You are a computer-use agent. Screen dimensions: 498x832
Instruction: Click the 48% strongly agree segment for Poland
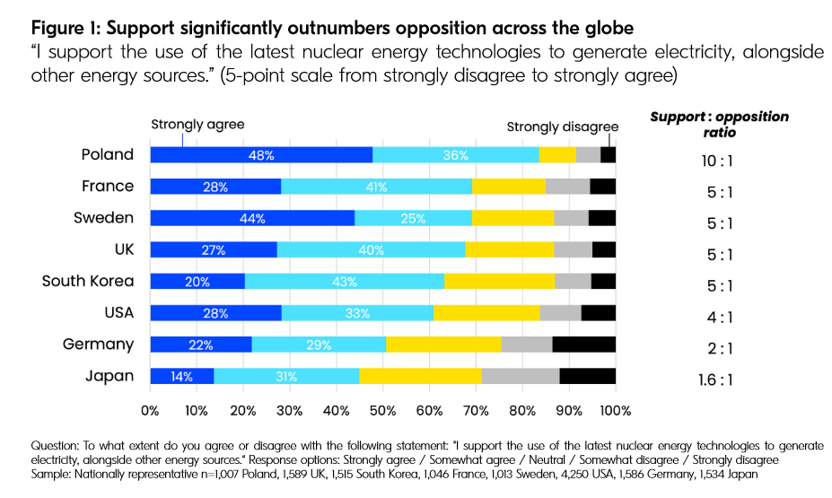pos(261,155)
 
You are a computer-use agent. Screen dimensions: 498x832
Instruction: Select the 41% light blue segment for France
pos(376,187)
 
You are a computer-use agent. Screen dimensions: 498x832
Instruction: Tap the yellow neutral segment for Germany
pos(443,345)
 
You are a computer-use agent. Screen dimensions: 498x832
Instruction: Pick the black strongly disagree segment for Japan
pos(587,376)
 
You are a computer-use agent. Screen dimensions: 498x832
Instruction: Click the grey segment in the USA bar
pos(560,313)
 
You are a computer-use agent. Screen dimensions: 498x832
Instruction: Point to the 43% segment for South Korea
pos(344,282)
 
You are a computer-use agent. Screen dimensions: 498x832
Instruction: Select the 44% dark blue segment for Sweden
pos(252,218)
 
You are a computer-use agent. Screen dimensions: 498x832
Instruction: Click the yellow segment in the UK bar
pos(509,249)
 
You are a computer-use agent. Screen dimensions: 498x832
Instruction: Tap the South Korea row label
pos(88,281)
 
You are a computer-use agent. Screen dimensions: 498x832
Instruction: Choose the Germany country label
pos(98,345)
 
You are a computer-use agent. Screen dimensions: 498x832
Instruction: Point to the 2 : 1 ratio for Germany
pos(720,348)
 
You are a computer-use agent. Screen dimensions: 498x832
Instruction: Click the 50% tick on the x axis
pos(382,411)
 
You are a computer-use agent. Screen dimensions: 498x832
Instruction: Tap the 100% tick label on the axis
pos(615,411)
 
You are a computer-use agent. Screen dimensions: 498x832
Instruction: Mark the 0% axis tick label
pos(149,411)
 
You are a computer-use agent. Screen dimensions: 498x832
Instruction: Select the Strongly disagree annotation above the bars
pos(563,127)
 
